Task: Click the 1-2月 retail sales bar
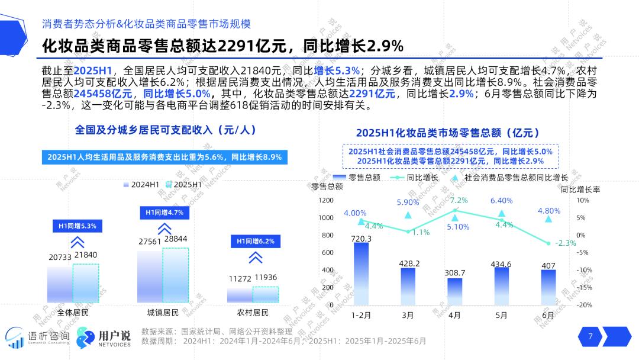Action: coord(361,274)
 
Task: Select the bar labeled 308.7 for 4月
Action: coord(454,291)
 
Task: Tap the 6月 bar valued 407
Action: coord(548,287)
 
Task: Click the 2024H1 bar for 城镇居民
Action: coord(150,277)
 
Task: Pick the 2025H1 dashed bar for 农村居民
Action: coord(265,295)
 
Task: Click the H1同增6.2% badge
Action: coord(255,241)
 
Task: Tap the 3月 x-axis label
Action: coord(408,316)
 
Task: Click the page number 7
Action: coord(590,336)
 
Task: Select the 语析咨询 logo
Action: coord(38,337)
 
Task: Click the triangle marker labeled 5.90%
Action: coord(408,214)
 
